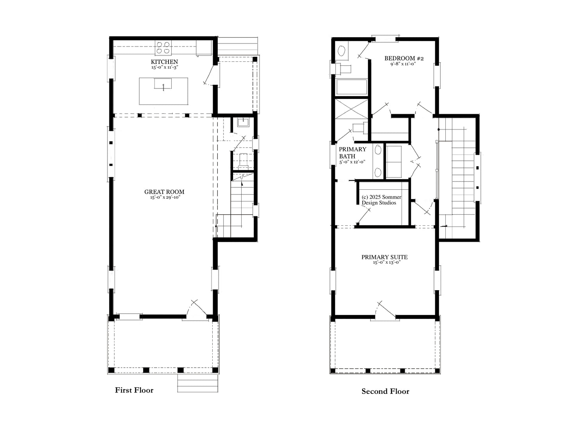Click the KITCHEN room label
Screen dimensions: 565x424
tap(164, 62)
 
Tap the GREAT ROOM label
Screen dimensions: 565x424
tap(164, 192)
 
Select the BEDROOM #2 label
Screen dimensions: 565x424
tap(404, 58)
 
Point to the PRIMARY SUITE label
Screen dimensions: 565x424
tap(385, 257)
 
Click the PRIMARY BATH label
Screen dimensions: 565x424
tap(352, 153)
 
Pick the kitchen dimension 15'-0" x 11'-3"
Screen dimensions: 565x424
tap(165, 67)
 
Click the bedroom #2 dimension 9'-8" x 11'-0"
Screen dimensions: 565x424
tap(403, 64)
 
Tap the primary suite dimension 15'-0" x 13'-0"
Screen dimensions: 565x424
tap(387, 262)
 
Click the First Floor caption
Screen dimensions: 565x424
tap(134, 390)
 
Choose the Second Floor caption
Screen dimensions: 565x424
tap(385, 392)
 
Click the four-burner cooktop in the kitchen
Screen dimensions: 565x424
tap(163, 48)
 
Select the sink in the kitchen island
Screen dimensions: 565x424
tap(163, 84)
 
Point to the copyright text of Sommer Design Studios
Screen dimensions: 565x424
tap(381, 200)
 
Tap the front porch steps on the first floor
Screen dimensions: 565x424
tap(198, 383)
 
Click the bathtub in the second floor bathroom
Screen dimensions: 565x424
tap(352, 87)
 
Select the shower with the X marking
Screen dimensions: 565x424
tap(352, 109)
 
